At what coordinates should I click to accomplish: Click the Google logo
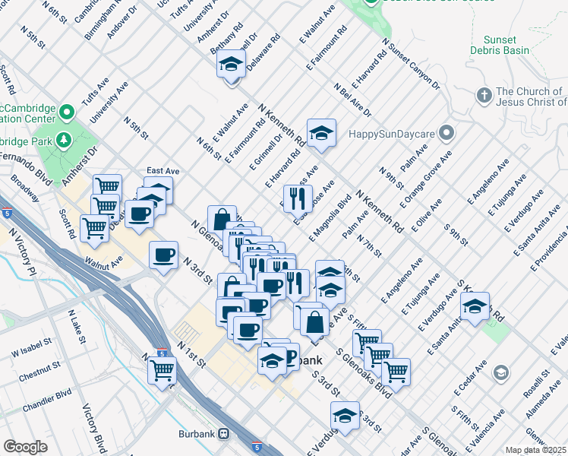tap(25, 446)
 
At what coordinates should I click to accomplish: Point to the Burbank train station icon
tap(223, 433)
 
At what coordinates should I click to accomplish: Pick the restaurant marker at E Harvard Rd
tap(297, 198)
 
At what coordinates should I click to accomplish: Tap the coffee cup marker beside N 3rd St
tap(163, 255)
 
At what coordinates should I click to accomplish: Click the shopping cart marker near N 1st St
tap(163, 371)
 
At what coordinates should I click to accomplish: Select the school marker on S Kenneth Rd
tap(475, 306)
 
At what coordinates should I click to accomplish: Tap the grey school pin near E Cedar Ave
tap(500, 372)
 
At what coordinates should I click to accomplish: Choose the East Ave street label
tap(163, 172)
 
